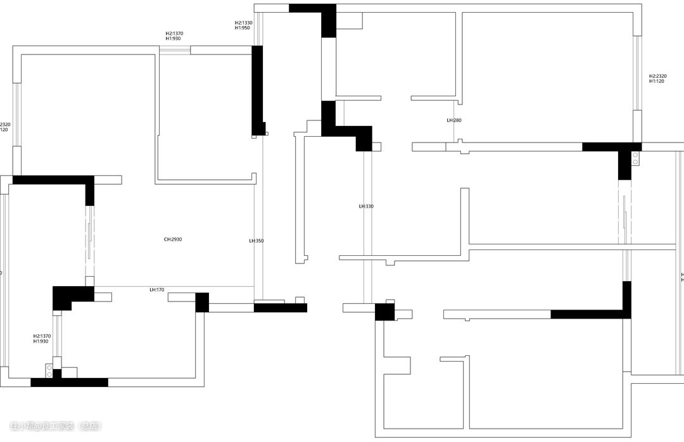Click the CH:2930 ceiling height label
coord(173,239)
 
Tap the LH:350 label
coord(256,241)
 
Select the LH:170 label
coord(156,289)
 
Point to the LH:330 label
coord(366,206)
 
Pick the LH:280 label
coord(453,120)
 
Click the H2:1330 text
coord(244,22)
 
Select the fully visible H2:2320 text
coord(657,76)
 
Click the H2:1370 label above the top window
coord(174,34)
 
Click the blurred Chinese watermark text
coord(56,426)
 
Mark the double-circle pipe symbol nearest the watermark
coord(49,370)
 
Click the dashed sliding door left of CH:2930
coord(89,241)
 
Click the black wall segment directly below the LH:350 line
coord(280,308)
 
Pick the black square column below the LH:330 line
coord(384,312)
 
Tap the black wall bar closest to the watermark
coord(69,382)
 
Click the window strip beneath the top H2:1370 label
coord(174,50)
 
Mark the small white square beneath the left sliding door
coord(89,281)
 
